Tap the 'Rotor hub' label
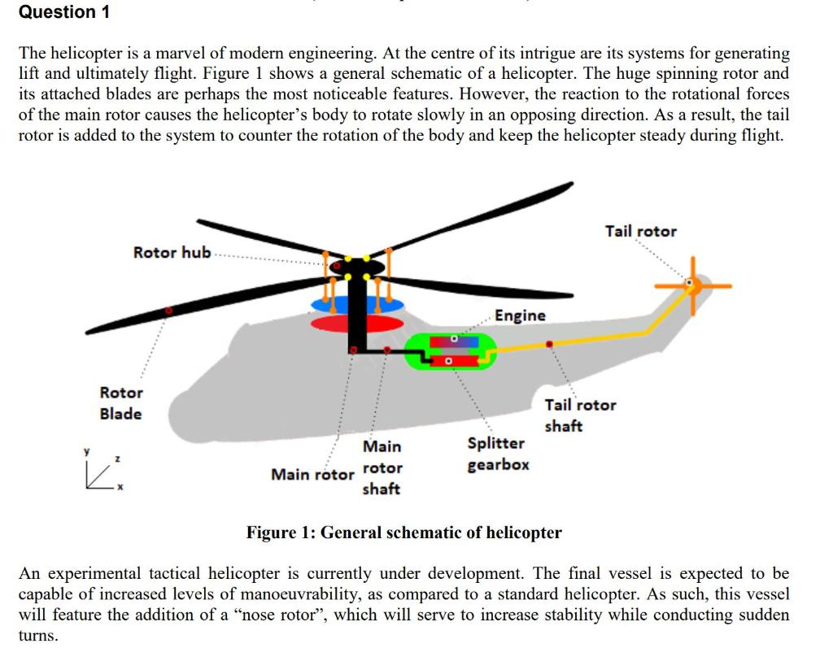(x=172, y=253)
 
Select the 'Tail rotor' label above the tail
(x=640, y=232)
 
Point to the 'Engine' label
(x=521, y=315)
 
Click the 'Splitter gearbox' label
(x=498, y=454)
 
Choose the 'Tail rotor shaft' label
(x=580, y=415)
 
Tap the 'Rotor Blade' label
(x=120, y=403)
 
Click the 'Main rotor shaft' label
(x=382, y=467)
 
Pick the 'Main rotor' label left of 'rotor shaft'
(x=312, y=474)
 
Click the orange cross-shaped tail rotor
(x=692, y=285)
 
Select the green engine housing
(x=450, y=350)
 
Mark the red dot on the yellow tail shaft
(x=550, y=345)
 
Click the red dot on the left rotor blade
(x=168, y=310)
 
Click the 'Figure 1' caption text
(x=403, y=533)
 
